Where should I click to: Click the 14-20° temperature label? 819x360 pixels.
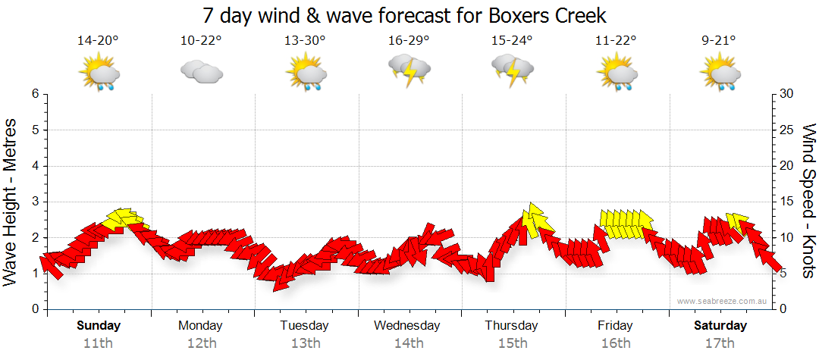pos(98,40)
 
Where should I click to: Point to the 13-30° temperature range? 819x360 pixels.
pos(305,40)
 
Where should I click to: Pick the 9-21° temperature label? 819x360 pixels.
pos(720,40)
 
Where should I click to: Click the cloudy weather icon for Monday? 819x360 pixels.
pos(201,73)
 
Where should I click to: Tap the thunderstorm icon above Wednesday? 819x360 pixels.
pos(409,70)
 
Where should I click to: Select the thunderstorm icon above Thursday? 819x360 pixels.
pos(513,70)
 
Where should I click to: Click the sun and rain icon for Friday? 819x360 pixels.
pos(616,74)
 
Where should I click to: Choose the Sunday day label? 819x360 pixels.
pos(98,326)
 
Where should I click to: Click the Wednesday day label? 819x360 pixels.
pos(407,326)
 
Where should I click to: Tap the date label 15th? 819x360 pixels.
pos(513,343)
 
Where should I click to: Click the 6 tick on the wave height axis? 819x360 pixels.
pos(35,94)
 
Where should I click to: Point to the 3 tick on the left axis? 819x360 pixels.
pos(35,202)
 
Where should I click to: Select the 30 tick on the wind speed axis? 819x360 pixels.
pos(788,94)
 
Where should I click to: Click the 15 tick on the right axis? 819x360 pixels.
pos(788,202)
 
